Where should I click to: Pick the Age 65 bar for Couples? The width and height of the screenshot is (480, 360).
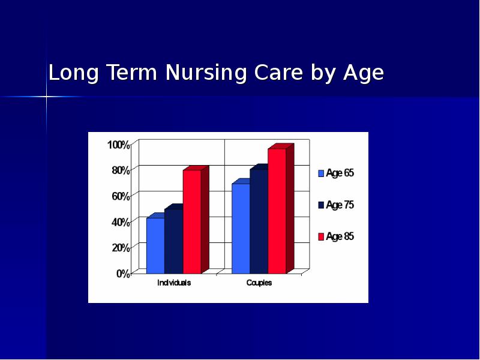(x=241, y=228)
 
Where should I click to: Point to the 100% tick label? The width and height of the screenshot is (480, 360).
(x=118, y=145)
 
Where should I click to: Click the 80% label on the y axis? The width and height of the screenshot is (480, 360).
(x=120, y=170)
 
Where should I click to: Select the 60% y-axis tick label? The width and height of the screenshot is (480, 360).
(x=120, y=196)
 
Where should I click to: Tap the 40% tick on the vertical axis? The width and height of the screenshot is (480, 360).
(x=120, y=222)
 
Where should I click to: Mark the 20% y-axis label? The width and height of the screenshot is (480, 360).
(x=120, y=247)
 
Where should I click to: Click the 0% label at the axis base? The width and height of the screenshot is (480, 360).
(x=122, y=273)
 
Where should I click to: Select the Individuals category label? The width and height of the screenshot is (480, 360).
(x=174, y=283)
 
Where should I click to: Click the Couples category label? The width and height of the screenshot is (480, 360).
(x=259, y=283)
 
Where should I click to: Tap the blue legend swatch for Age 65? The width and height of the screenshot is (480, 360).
(x=321, y=173)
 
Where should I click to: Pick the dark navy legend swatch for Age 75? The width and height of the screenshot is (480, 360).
(x=321, y=205)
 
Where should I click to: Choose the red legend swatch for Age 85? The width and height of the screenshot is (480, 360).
(x=321, y=237)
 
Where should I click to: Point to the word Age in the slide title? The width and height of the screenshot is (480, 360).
(x=363, y=73)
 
